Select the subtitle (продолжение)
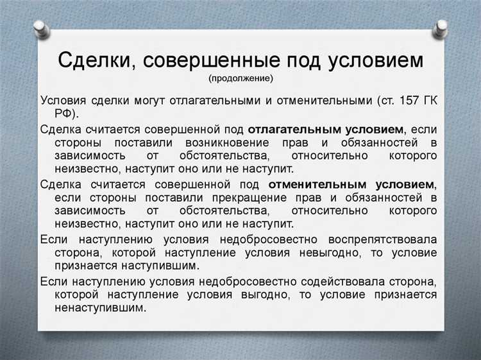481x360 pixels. coord(240,79)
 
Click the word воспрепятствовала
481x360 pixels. coord(384,239)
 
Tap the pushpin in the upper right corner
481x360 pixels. coord(441,28)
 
